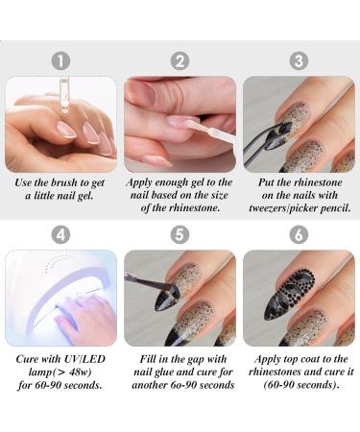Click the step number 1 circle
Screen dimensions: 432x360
tap(61, 60)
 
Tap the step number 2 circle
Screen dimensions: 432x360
tap(180, 60)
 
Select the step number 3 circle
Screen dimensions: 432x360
tap(299, 60)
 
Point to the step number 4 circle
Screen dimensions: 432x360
tap(61, 234)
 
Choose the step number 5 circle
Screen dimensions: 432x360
tap(180, 234)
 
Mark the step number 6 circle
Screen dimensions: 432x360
tap(299, 234)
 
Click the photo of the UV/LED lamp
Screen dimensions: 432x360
tap(61, 298)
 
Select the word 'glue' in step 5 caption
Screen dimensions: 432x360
tap(167, 371)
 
